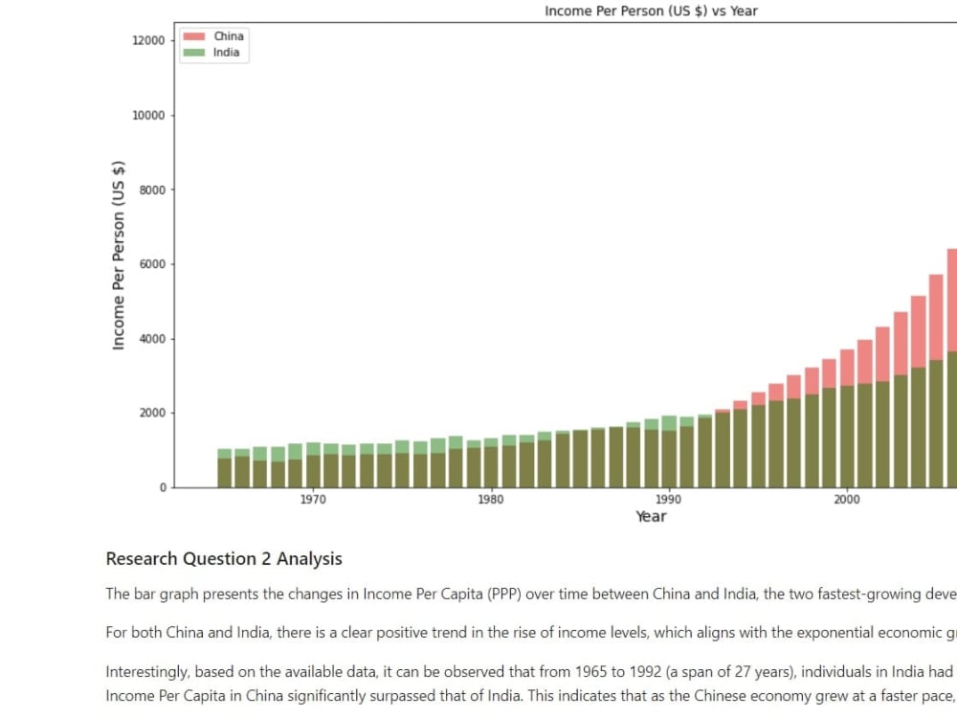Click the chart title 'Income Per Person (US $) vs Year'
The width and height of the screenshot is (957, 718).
pyautogui.click(x=651, y=11)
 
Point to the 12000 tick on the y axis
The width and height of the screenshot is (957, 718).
pyautogui.click(x=148, y=40)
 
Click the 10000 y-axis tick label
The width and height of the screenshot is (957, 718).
pyautogui.click(x=148, y=115)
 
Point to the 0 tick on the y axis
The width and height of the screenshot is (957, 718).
pyautogui.click(x=162, y=488)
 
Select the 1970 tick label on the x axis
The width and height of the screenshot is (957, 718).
pyautogui.click(x=313, y=500)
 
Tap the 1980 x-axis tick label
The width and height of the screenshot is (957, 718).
pyautogui.click(x=490, y=500)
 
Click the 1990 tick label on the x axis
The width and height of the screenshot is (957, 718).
pyautogui.click(x=668, y=500)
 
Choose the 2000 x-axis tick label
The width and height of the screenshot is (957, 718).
pyautogui.click(x=846, y=500)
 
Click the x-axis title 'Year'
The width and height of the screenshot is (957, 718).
pyautogui.click(x=651, y=517)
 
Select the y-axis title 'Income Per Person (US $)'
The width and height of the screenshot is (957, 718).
pyautogui.click(x=120, y=255)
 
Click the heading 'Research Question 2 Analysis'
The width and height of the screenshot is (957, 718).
pyautogui.click(x=223, y=559)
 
